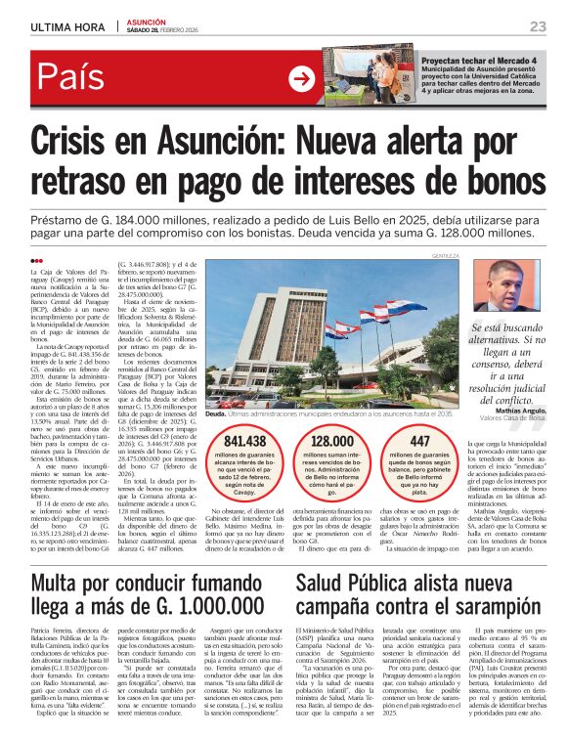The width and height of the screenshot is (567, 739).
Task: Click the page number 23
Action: coord(537,25)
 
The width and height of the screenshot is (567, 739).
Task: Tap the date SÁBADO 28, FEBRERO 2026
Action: coord(169,31)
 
